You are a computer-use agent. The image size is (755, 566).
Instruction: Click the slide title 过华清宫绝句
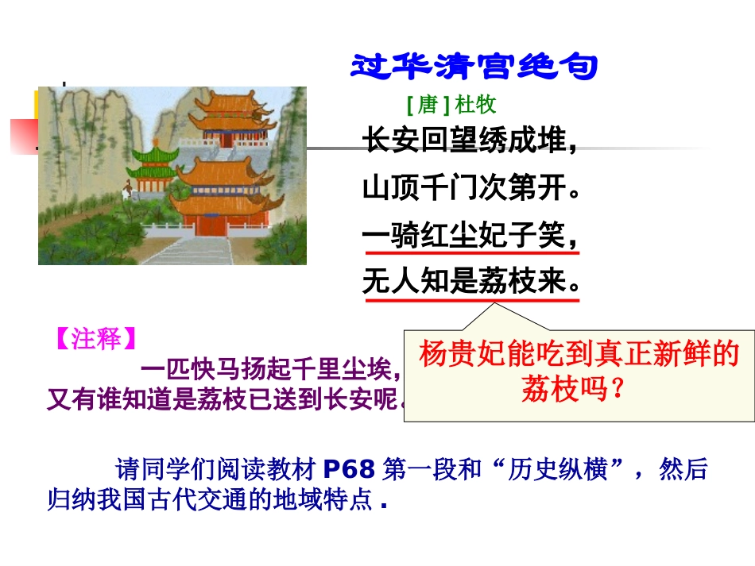[474, 67]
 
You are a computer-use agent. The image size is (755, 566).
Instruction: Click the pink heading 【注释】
[93, 339]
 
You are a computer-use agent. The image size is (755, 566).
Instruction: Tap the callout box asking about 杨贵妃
[579, 371]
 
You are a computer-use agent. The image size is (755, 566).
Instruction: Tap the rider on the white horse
[126, 189]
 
